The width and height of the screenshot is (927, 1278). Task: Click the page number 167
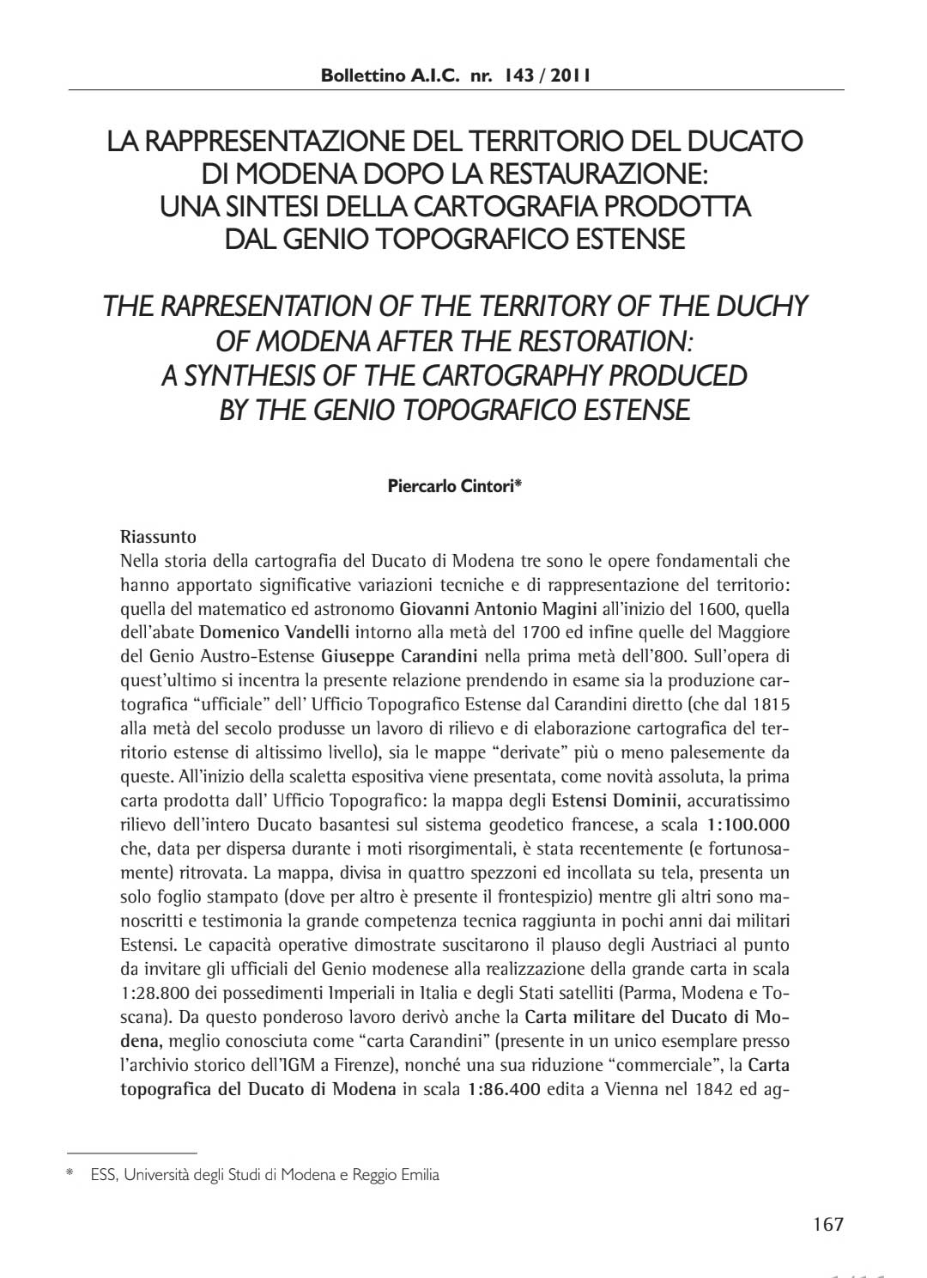(x=828, y=1224)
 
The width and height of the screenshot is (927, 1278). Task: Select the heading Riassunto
(x=159, y=538)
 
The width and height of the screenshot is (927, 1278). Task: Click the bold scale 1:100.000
(x=747, y=826)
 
